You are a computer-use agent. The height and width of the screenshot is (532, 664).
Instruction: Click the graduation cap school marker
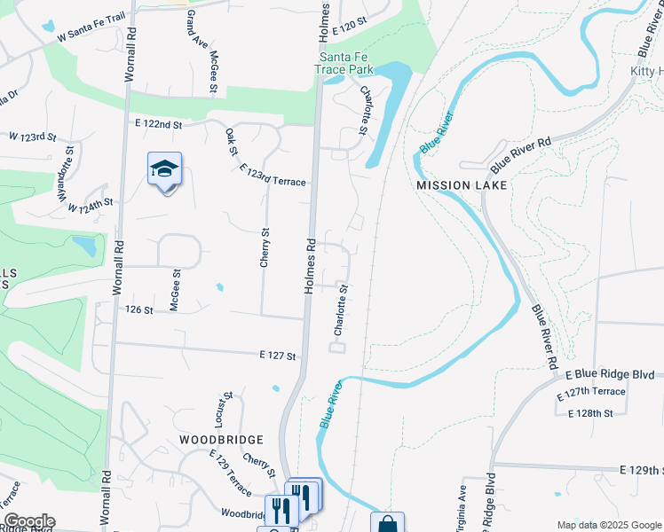point(164,168)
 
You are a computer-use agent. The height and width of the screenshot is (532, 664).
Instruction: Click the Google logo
point(28,521)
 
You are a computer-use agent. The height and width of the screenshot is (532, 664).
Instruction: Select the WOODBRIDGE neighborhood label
point(221,440)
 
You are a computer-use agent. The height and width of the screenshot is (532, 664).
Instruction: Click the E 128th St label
point(592,413)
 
